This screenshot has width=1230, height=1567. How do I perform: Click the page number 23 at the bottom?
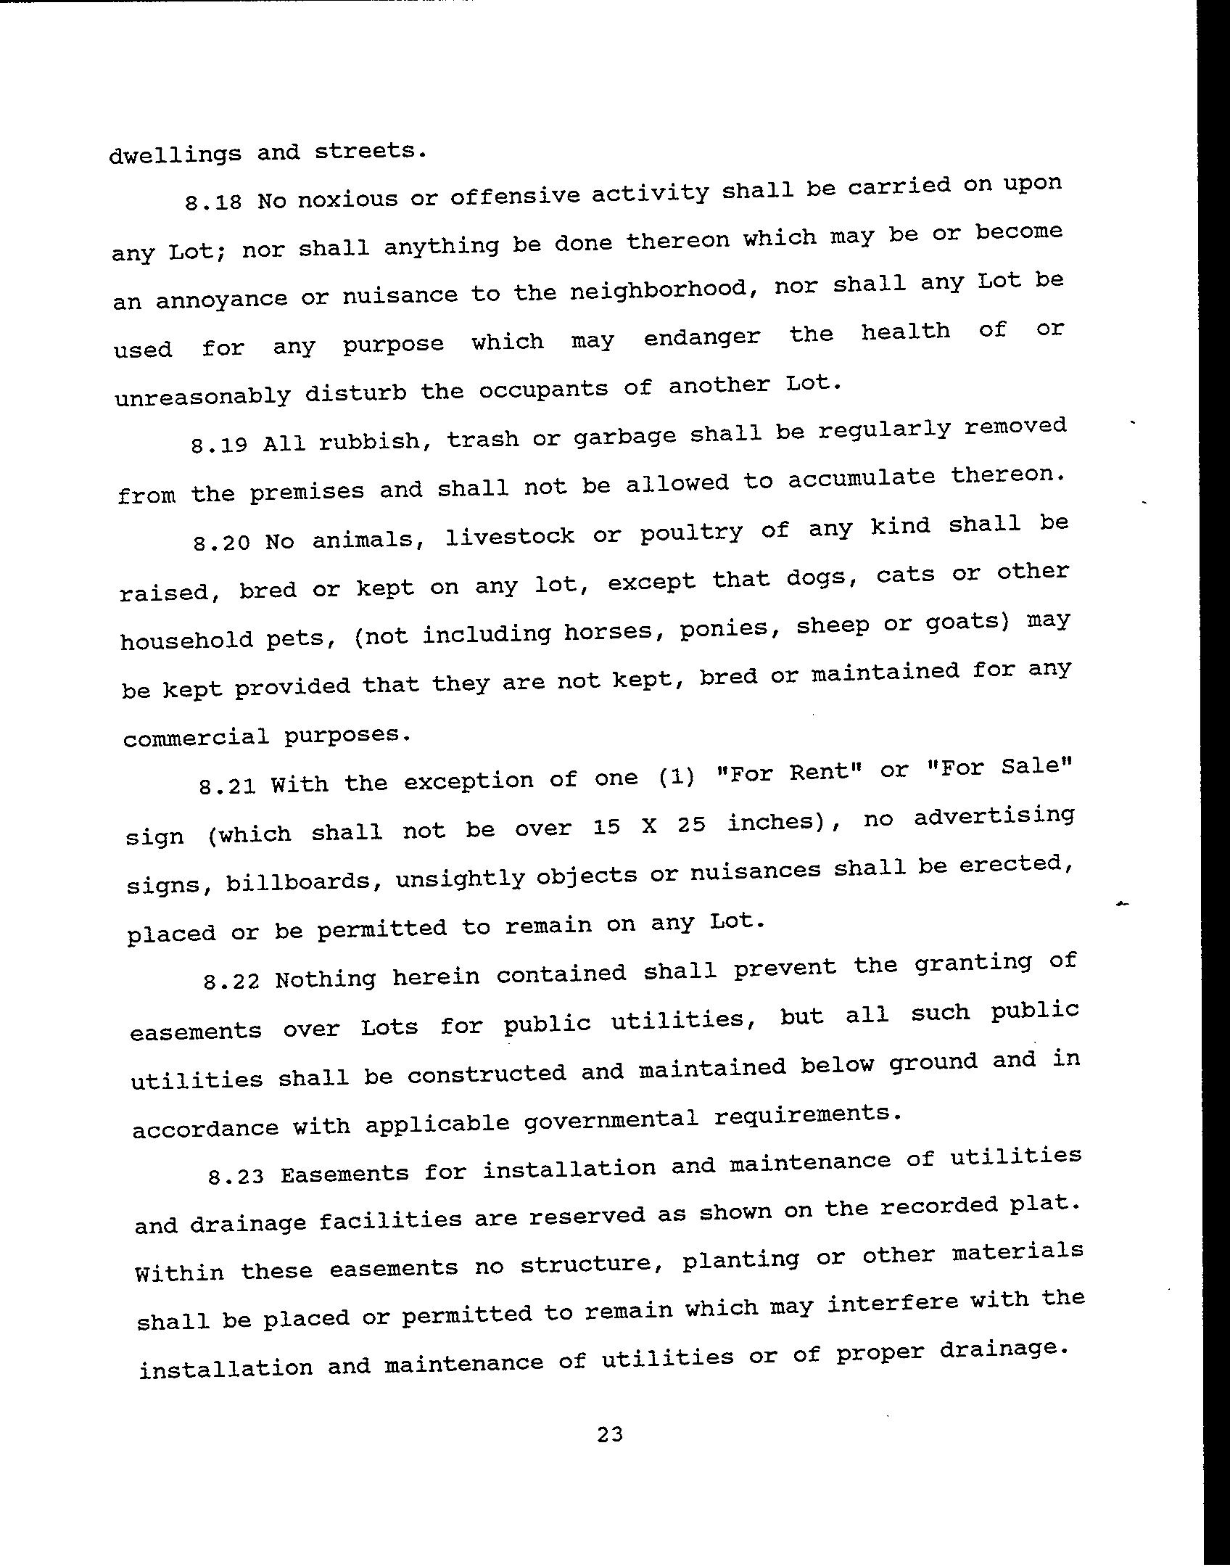click(x=610, y=1434)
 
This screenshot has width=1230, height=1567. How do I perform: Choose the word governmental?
click(x=611, y=1120)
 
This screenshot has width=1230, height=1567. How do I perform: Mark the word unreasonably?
click(x=202, y=396)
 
